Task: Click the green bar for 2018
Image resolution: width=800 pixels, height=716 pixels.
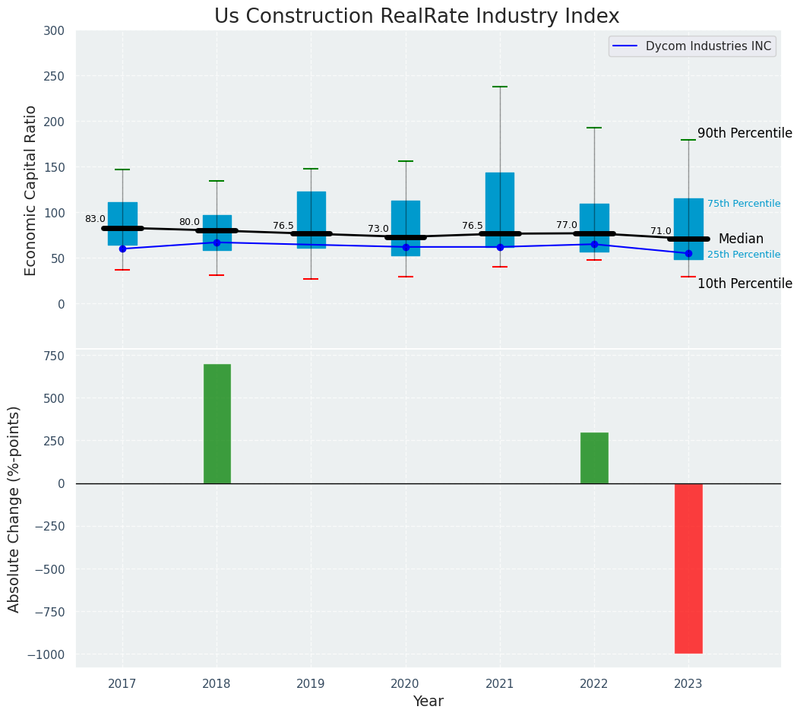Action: [217, 423]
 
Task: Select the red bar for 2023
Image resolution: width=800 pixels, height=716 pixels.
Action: [688, 568]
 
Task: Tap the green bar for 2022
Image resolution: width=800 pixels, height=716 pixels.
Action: [594, 458]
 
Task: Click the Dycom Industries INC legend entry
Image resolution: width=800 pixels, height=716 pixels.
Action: [707, 46]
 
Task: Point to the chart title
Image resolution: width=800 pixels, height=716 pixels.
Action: [416, 17]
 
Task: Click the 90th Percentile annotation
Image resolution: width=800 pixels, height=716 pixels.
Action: [744, 133]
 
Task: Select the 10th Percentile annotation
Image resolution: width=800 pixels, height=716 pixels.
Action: [744, 284]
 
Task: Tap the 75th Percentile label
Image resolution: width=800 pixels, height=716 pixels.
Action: [743, 204]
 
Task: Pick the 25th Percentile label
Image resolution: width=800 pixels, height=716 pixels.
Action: [743, 255]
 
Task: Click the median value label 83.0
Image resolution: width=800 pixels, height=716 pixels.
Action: [95, 219]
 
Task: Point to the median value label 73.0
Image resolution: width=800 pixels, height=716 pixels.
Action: [378, 229]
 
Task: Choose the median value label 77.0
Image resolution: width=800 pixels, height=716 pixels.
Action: [566, 225]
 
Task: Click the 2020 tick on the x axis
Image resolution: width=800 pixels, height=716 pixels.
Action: [405, 684]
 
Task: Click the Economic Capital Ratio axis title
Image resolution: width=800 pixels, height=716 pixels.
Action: [31, 190]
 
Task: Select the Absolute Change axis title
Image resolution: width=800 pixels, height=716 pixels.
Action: [14, 508]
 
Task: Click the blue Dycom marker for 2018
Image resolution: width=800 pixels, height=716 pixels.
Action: [217, 242]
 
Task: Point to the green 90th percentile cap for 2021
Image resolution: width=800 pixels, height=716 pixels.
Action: [500, 87]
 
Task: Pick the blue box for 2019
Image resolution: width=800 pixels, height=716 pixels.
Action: [311, 220]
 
